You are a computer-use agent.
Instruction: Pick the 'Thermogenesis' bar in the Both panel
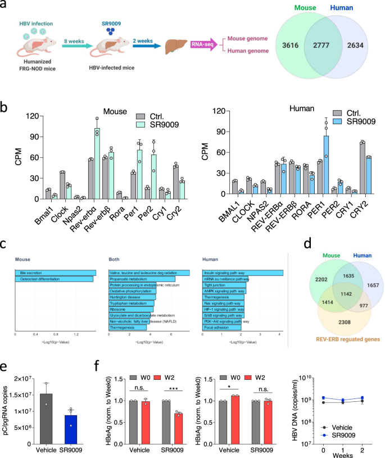tap(128, 327)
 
